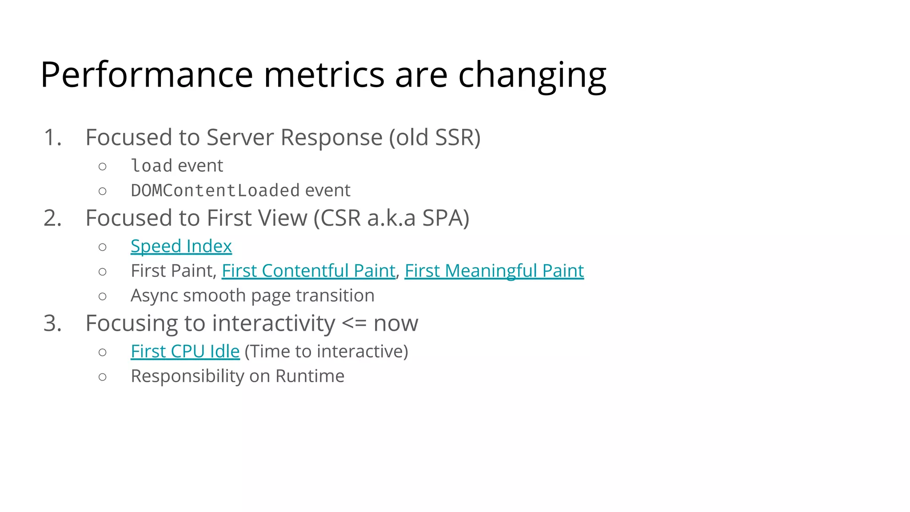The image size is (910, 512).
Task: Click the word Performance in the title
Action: point(147,75)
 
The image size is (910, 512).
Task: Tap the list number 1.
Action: point(52,137)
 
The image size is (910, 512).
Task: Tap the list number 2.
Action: point(52,218)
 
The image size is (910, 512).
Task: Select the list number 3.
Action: point(52,323)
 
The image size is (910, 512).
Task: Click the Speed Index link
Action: point(181,246)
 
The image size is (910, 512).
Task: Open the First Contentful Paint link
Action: point(308,271)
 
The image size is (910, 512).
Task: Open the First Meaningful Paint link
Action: point(494,271)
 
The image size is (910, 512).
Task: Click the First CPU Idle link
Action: point(185,351)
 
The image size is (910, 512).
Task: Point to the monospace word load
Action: point(152,166)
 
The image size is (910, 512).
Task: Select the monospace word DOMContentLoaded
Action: point(215,190)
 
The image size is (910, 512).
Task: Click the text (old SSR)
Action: point(435,137)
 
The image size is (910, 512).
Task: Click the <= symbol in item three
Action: point(354,323)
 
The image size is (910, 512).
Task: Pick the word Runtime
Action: point(310,376)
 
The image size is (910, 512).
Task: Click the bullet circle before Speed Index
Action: point(103,247)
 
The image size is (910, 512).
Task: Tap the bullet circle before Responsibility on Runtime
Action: point(103,377)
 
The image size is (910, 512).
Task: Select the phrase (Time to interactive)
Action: point(326,351)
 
